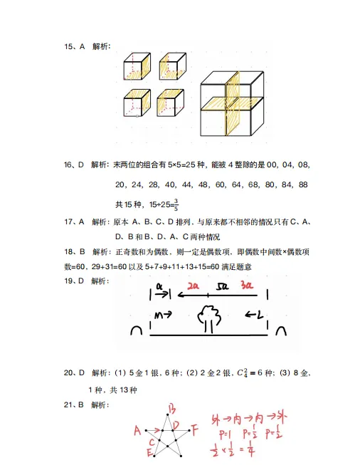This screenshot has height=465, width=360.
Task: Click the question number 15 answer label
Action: (x=75, y=46)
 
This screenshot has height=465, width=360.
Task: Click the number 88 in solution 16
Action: (x=303, y=184)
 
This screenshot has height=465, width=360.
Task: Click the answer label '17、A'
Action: (x=75, y=221)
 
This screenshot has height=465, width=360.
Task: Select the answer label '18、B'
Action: (x=75, y=251)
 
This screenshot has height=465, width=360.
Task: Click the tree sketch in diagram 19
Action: (x=209, y=317)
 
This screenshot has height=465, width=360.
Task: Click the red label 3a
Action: (x=247, y=286)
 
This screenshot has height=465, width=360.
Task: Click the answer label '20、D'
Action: (x=75, y=372)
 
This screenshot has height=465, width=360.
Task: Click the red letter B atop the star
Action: (x=171, y=409)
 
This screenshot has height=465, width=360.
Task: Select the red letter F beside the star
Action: (x=194, y=429)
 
